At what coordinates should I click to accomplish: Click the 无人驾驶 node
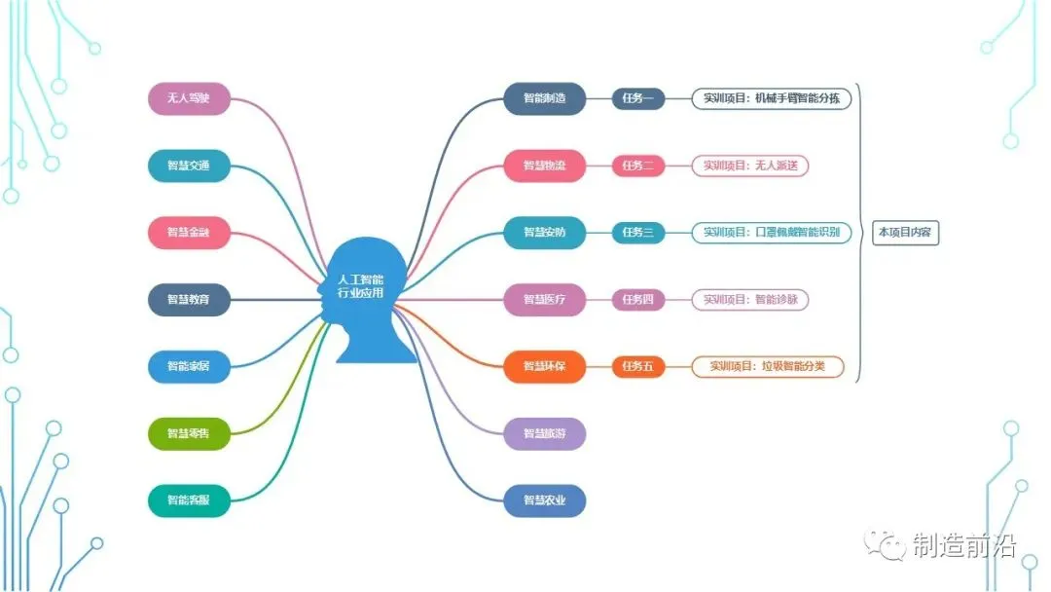point(189,98)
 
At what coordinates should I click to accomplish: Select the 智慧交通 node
point(189,166)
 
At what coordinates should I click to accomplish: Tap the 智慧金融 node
point(189,233)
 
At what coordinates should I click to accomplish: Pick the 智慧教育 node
point(189,300)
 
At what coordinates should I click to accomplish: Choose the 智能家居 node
point(189,366)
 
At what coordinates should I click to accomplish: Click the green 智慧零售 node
point(189,433)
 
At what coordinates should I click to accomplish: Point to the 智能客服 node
point(189,500)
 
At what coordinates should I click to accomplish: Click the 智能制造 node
point(545,98)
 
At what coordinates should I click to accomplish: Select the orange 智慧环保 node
point(545,366)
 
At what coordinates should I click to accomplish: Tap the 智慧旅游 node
point(545,433)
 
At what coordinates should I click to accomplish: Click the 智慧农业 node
point(545,500)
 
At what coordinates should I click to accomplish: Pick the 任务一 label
point(638,98)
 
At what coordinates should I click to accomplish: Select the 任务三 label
point(638,233)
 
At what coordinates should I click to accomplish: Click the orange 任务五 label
point(638,367)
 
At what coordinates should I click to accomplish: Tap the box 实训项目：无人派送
point(750,166)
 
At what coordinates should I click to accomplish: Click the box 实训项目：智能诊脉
point(750,300)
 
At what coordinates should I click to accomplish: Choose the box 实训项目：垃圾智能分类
point(768,367)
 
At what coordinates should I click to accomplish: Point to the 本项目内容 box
point(905,233)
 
